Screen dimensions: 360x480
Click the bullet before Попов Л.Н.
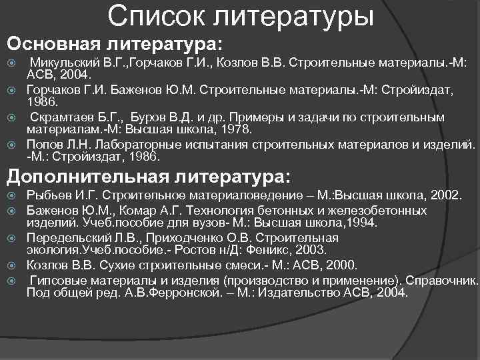[x=11, y=145]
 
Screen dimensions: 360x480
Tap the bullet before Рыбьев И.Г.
[x=11, y=195]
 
